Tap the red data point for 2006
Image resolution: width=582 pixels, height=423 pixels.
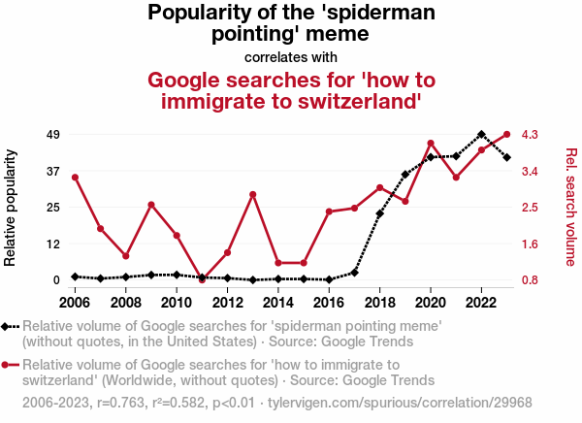pos(75,177)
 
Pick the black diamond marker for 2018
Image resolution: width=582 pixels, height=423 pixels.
pos(380,213)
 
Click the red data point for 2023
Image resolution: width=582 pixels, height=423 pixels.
pos(507,135)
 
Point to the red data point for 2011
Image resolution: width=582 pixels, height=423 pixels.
pos(202,279)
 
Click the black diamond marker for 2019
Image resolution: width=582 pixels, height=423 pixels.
pos(405,175)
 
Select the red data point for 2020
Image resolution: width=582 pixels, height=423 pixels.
pos(431,144)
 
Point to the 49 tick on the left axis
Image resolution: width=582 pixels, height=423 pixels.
pos(53,134)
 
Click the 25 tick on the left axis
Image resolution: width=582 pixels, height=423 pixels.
pos(53,207)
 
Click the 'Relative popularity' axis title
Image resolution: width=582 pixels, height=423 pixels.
pos(12,208)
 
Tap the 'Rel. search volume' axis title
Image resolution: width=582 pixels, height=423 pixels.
pos(570,207)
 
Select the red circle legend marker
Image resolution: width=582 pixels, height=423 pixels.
pos(9,365)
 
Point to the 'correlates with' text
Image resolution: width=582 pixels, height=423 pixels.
pos(291,56)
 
